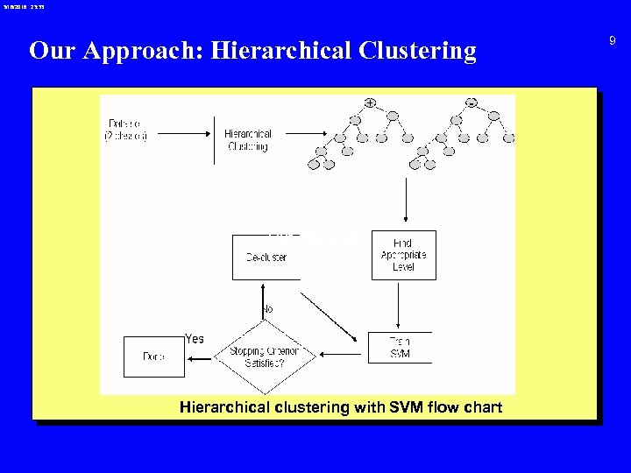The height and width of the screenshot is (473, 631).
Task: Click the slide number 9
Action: (x=613, y=40)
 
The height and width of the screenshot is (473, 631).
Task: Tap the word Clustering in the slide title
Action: (x=417, y=51)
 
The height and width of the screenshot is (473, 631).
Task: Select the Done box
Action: (x=154, y=357)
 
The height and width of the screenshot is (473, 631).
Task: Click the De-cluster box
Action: (x=266, y=257)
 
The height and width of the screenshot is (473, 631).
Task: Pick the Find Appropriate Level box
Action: (x=403, y=255)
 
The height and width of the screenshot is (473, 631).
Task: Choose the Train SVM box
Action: (x=400, y=348)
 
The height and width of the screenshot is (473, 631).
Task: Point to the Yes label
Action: (x=195, y=339)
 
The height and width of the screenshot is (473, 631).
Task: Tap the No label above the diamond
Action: (x=268, y=309)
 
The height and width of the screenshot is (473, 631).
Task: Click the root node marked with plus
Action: (x=370, y=103)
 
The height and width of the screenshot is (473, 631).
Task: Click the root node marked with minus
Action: (x=471, y=103)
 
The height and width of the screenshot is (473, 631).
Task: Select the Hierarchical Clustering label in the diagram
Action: (x=248, y=140)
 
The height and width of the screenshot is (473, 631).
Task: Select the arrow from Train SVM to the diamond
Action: (x=344, y=355)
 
